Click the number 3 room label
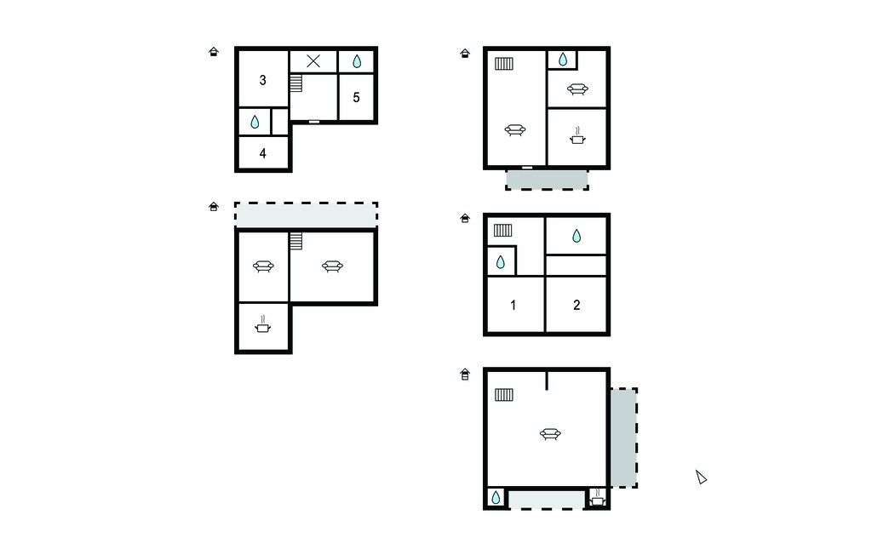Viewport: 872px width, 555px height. click(x=262, y=80)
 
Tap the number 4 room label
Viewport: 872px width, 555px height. click(x=263, y=153)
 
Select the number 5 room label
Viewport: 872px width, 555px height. click(x=357, y=97)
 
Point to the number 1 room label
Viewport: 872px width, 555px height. click(x=513, y=305)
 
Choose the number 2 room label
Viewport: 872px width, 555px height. click(x=577, y=305)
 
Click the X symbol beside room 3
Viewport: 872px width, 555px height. click(x=313, y=61)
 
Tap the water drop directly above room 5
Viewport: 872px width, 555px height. click(x=357, y=61)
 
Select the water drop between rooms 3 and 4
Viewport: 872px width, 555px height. click(x=255, y=122)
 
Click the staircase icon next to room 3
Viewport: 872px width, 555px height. click(x=295, y=83)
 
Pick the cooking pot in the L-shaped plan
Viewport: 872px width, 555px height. click(x=263, y=325)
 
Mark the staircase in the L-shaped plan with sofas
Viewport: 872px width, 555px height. click(x=295, y=242)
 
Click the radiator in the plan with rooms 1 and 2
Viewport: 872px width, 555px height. click(x=502, y=230)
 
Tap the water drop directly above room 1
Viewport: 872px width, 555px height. click(x=501, y=262)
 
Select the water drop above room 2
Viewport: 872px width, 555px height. click(x=577, y=237)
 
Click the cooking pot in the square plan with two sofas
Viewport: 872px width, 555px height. click(x=578, y=135)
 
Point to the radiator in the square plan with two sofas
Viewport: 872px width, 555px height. click(x=504, y=64)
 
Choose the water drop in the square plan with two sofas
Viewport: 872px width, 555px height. click(x=563, y=60)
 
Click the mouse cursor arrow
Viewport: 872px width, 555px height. click(x=701, y=477)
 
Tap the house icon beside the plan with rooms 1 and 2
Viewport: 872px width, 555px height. click(x=465, y=218)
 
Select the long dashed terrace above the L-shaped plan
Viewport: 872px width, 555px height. click(x=306, y=215)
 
